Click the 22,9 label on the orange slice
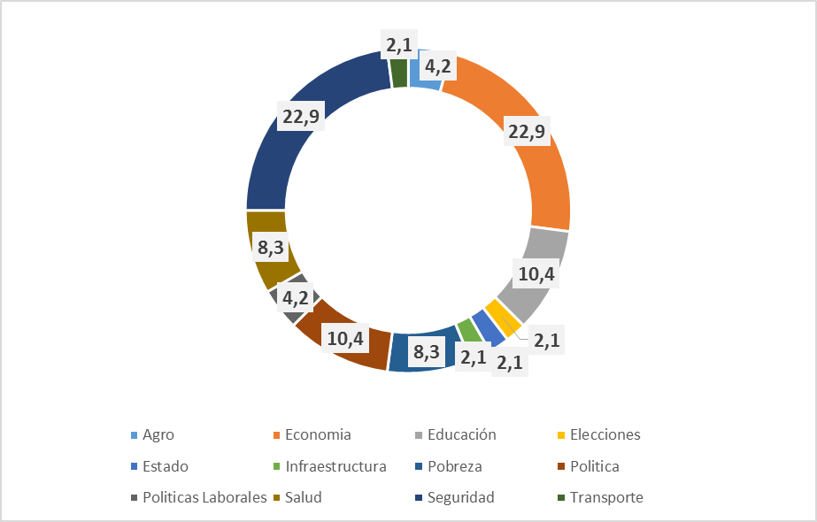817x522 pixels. point(527,132)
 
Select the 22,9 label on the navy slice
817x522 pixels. point(298,119)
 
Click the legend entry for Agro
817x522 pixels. point(158,434)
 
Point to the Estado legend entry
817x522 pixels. point(165,466)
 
